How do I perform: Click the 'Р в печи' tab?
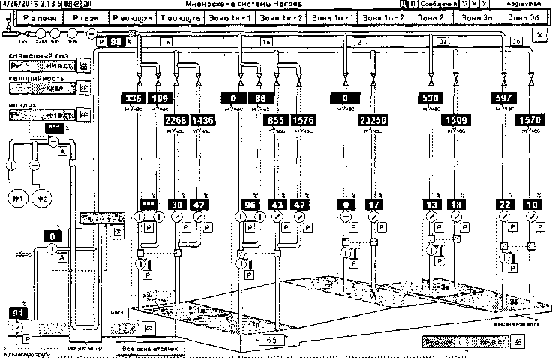point(32,16)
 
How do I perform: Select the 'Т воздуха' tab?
point(181,16)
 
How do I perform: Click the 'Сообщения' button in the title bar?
point(437,4)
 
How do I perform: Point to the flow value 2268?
point(177,118)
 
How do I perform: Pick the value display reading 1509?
point(457,118)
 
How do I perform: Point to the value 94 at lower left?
point(16,313)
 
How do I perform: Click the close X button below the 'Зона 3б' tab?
point(539,35)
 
